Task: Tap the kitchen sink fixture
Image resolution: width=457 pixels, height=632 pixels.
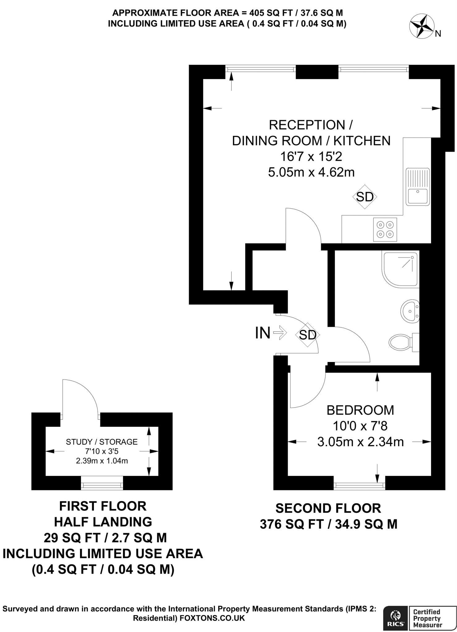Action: point(417,187)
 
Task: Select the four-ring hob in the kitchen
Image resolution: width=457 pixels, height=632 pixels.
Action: point(385,230)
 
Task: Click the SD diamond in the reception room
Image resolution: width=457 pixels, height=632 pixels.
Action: point(365,197)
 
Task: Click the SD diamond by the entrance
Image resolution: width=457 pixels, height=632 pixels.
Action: point(307,335)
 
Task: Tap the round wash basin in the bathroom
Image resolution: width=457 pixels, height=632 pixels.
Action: point(409,312)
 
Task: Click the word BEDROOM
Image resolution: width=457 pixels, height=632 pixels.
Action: point(360,410)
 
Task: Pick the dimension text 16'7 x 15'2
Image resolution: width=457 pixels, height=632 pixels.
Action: point(311,157)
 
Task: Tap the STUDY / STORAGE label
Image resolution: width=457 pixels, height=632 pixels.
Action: point(102,442)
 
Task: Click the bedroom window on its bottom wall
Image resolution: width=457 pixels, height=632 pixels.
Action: point(359,486)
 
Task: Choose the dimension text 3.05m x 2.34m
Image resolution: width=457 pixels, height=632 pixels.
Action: point(360,442)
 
